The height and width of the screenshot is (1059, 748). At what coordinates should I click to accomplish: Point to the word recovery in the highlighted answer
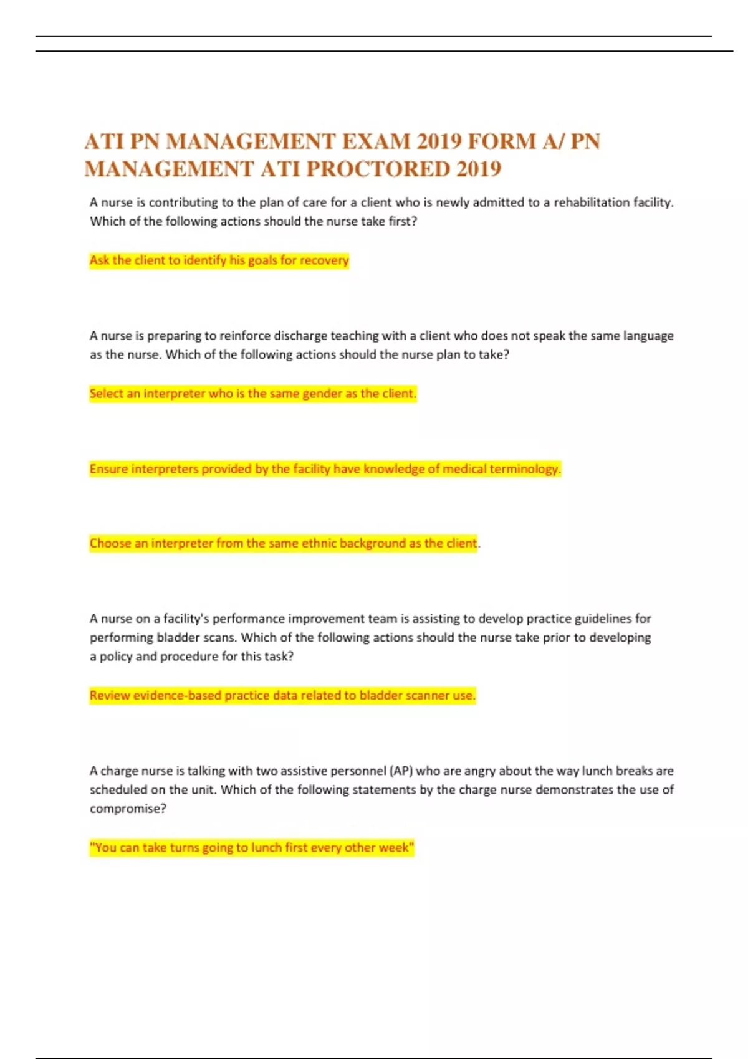[x=325, y=260]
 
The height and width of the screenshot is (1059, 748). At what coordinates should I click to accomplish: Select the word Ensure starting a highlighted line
[x=109, y=469]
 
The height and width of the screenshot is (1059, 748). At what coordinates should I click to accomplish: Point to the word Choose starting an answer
[x=110, y=543]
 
